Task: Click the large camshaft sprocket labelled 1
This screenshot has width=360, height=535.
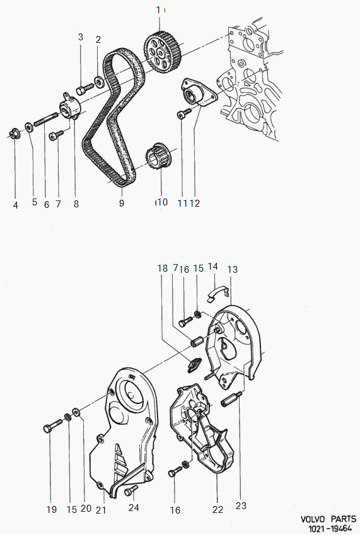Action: coord(163,52)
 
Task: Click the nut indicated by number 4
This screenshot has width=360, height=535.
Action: coord(14,133)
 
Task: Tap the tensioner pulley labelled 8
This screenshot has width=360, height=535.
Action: coord(71,107)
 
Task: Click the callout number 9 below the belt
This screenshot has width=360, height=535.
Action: coord(122,203)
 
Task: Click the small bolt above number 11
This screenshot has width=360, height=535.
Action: coord(184,114)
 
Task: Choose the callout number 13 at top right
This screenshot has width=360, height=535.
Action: coord(233,269)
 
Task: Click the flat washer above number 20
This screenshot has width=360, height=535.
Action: coord(76,412)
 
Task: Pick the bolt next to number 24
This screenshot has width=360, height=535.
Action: coord(131,490)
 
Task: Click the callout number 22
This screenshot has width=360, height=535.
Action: coord(218,509)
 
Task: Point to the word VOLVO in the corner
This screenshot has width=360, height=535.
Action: coord(314,520)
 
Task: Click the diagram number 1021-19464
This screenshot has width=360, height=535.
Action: coord(330,529)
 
